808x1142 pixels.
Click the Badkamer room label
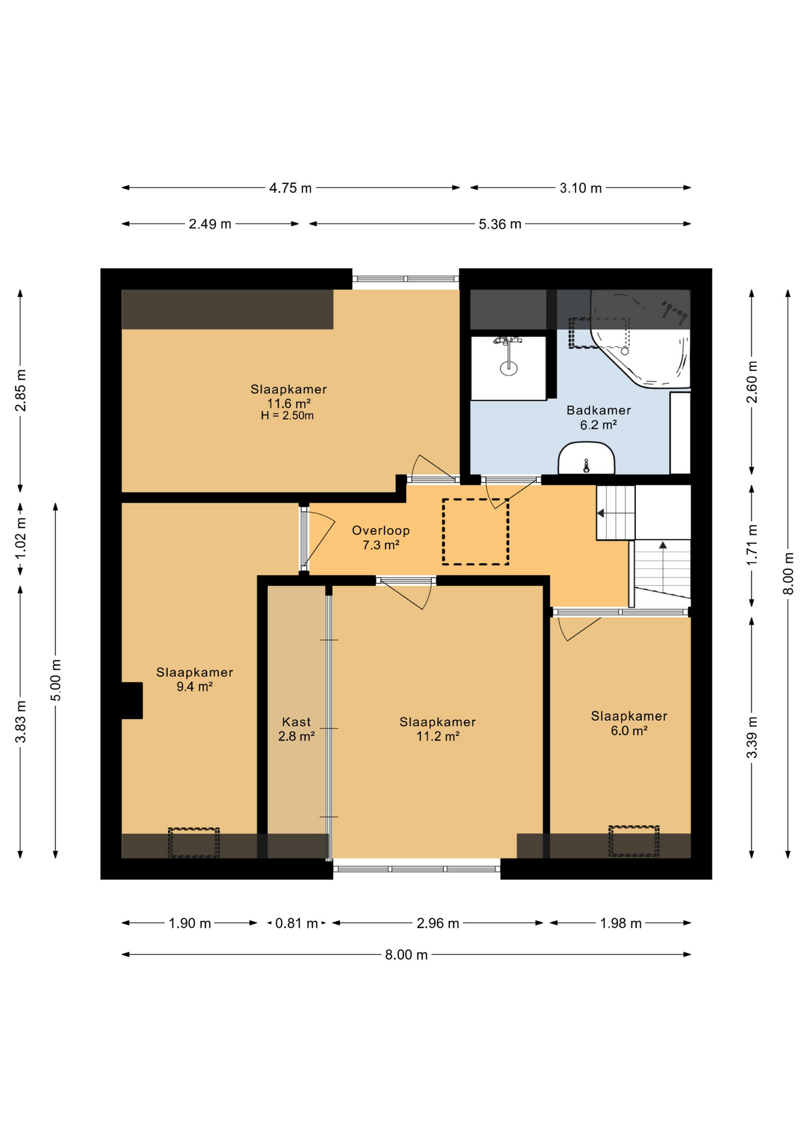tap(598, 410)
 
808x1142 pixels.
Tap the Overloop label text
tap(380, 531)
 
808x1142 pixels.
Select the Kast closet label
tap(296, 722)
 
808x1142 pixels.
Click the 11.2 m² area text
tap(437, 736)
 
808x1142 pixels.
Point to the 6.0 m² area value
tap(629, 730)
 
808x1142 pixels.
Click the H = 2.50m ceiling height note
tap(287, 416)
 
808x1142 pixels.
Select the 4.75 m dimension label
tap(290, 189)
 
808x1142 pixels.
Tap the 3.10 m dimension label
tap(581, 189)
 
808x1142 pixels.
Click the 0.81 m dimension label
tap(296, 923)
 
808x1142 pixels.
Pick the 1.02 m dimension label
tap(21, 538)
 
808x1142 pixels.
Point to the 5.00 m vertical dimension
tap(55, 680)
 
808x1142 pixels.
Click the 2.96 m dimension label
tap(437, 923)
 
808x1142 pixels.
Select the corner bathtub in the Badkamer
tap(640, 339)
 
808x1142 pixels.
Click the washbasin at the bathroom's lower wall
tap(586, 458)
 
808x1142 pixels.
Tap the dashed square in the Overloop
tap(475, 532)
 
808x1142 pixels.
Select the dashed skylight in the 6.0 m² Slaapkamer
tap(634, 841)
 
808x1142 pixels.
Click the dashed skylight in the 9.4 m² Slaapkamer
tap(193, 843)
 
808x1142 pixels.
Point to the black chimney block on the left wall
tap(132, 701)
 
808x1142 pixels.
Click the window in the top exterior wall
tap(405, 278)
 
